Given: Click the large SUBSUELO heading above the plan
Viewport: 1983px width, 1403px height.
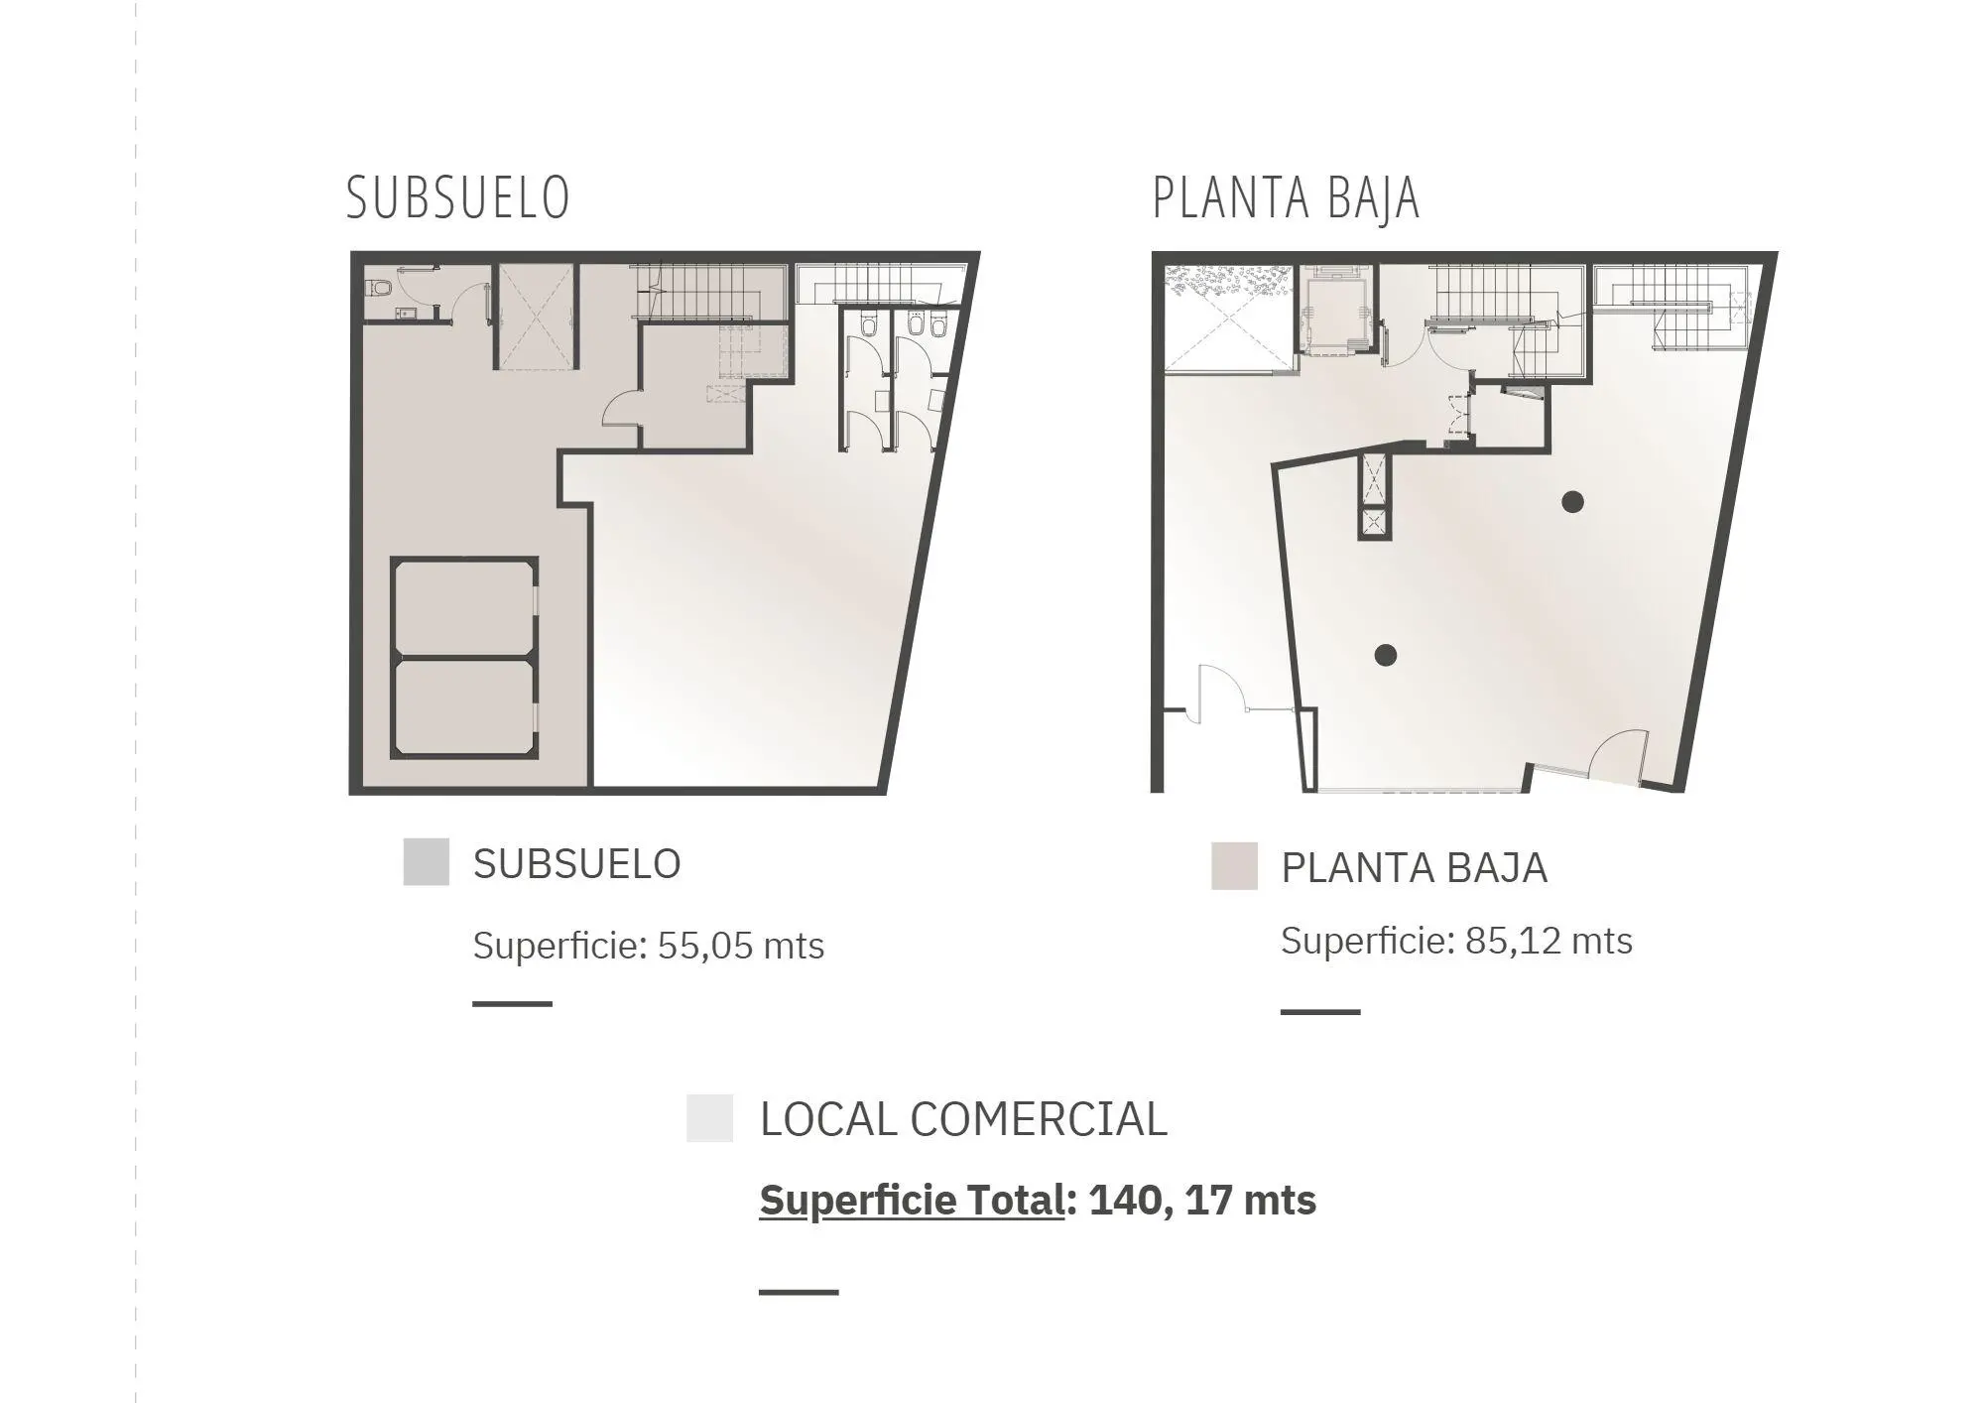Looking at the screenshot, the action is [x=458, y=197].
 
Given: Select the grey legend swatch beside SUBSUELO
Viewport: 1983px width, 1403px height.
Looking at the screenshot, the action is [x=427, y=861].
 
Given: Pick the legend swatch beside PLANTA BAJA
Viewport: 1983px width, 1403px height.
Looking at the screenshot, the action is [x=1234, y=865].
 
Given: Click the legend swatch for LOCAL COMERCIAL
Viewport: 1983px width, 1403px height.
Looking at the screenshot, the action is [x=709, y=1118].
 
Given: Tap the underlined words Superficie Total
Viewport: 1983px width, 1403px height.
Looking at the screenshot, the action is [x=912, y=1202].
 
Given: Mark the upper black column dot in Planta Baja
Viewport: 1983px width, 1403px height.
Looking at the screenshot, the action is [x=1572, y=501].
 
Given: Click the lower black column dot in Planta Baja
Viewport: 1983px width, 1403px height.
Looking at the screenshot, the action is [x=1386, y=655].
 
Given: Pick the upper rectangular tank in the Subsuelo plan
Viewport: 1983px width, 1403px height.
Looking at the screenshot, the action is [x=464, y=607].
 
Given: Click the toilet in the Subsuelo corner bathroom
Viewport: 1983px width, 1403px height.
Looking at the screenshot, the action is [x=379, y=289].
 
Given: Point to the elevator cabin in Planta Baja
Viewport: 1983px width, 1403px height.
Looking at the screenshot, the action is [x=1335, y=316].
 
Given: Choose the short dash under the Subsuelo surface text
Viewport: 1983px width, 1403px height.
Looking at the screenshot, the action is [x=512, y=1004].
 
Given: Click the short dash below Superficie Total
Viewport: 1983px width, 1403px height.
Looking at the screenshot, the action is [x=799, y=1292].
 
